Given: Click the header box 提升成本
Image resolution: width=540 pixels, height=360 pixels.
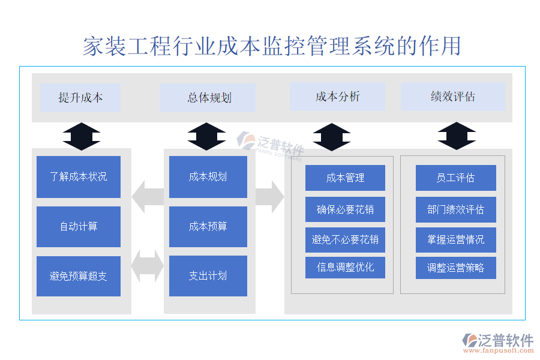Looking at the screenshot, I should pos(80,98).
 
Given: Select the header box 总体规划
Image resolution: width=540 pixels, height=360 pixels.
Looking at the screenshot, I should pos(208,98).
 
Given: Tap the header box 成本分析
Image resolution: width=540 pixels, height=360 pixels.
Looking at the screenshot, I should pos(338,97).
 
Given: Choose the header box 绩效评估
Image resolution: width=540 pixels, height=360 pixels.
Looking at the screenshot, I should pos(452,97).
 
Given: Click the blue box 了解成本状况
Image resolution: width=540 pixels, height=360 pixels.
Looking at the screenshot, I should pos(79,177).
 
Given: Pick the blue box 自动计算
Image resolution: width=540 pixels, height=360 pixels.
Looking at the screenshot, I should pos(79,227).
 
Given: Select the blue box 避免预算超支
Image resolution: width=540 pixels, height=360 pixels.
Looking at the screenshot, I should pos(79,276).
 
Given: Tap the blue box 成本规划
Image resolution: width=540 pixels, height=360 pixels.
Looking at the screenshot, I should pos(208,177).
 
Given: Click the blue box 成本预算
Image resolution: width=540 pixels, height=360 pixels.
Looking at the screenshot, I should pos(208,227).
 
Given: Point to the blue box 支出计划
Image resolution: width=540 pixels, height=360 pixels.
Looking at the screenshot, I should pos(208,276).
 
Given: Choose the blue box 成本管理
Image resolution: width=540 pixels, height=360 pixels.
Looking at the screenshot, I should pos(345,178).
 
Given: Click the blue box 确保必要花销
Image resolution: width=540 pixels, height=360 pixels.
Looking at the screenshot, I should pos(345,209).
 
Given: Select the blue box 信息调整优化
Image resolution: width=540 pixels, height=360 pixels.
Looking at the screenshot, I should pos(345,267).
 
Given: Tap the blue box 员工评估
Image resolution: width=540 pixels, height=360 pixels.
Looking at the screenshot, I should pos(455,178).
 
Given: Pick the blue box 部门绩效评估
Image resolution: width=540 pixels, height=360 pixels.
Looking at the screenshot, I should pos(455,209).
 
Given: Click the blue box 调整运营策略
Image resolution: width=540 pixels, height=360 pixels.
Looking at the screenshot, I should pos(455,268).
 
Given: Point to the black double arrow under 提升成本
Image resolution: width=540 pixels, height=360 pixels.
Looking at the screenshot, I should pos(82,136).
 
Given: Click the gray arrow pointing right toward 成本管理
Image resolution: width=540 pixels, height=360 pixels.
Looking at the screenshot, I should pos(269,197).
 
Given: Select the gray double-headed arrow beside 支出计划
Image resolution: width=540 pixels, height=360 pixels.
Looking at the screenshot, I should pos(147,266).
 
